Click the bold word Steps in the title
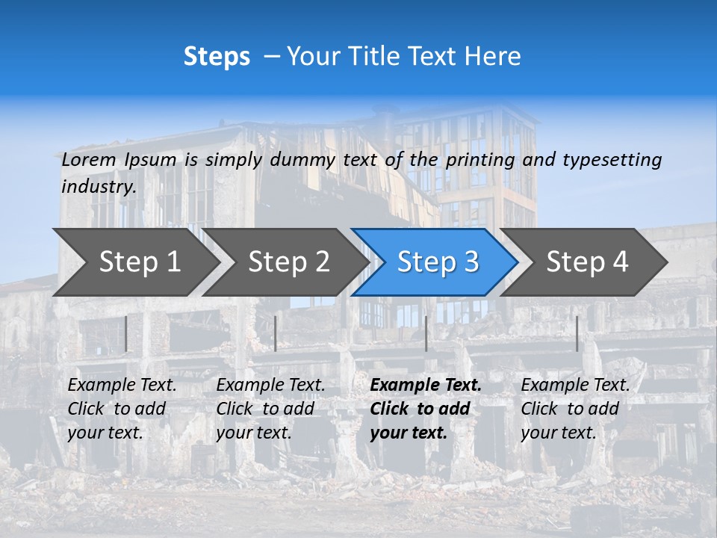pos(217,57)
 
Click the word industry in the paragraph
pos(99,187)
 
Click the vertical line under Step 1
pos(126,333)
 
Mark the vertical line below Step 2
pos(276,333)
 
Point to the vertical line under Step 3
pos(426,333)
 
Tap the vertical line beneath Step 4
pos(577,333)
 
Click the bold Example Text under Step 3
pos(426,386)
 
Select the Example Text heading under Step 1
pos(122,386)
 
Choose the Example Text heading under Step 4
pos(575,386)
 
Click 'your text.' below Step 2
pos(253,433)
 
